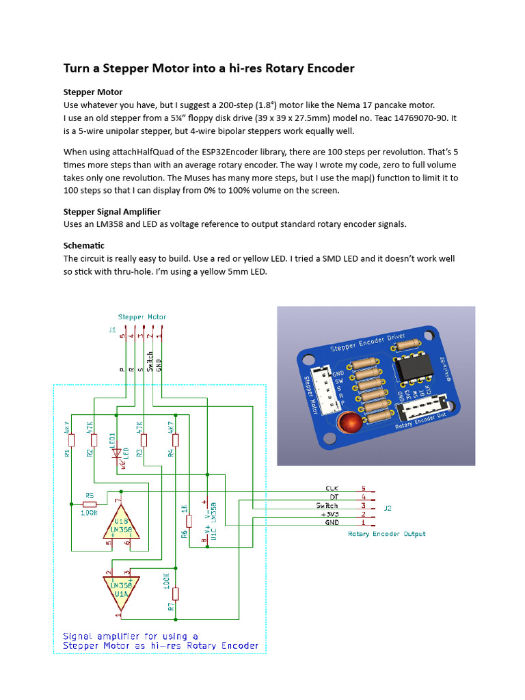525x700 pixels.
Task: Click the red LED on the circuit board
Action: pos(348,422)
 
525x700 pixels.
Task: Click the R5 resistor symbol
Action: pos(89,503)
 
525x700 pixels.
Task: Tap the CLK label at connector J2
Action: pos(332,488)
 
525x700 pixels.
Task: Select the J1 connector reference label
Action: pos(112,329)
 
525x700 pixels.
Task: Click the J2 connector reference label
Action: pos(388,509)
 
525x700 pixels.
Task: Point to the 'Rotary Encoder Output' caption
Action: pos(386,534)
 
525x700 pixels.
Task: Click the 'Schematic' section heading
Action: pos(84,245)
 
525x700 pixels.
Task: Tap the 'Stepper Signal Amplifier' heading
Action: pos(112,211)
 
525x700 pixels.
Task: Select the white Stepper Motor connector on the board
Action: pos(319,392)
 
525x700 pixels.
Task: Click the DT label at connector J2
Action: pos(334,497)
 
